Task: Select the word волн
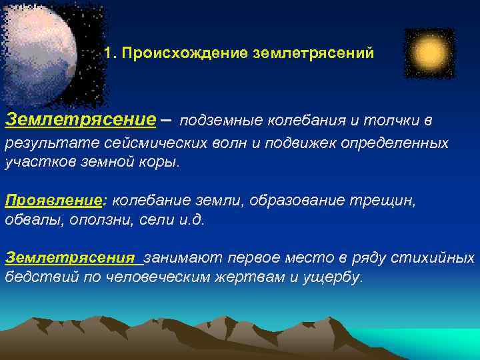point(217,143)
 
